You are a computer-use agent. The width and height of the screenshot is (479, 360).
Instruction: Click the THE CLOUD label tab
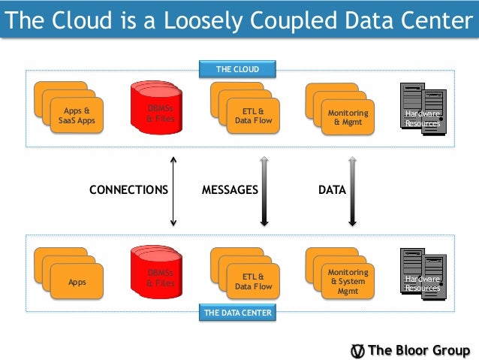237,70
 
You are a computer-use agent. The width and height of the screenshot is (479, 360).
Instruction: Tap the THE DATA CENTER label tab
237,312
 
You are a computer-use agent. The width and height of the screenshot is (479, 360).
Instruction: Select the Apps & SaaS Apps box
76,116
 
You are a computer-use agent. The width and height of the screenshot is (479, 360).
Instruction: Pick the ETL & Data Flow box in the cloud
252,116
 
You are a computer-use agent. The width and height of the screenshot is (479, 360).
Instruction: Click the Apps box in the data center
77,282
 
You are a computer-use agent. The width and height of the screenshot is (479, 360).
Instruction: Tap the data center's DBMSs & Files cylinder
159,277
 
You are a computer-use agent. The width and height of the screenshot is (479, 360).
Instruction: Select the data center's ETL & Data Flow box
252,281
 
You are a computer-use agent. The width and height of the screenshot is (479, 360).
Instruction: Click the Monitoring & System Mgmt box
347,281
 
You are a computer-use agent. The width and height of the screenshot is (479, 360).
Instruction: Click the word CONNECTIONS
128,191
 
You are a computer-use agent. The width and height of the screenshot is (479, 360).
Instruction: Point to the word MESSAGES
230,191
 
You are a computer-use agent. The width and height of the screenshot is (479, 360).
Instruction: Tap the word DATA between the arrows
332,191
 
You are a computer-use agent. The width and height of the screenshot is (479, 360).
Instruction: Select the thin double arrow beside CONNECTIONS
173,191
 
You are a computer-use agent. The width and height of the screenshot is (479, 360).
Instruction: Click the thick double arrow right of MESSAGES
264,191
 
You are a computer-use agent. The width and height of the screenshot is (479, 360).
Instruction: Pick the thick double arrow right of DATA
351,191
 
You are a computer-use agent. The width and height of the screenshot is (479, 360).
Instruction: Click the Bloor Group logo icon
359,351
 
